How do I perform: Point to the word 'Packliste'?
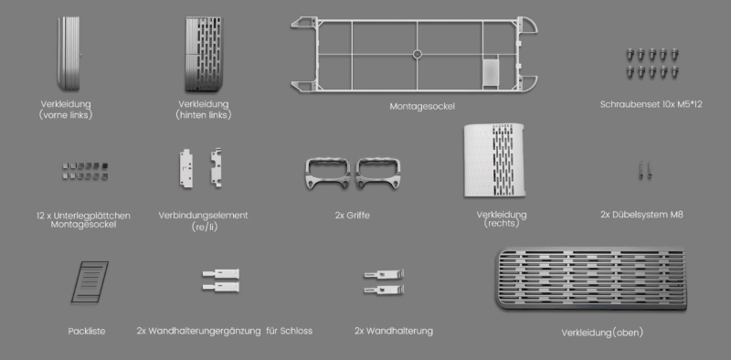(x=87, y=330)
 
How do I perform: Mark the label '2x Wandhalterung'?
(x=393, y=330)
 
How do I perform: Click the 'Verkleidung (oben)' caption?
(x=601, y=332)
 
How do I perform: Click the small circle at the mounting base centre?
(x=418, y=54)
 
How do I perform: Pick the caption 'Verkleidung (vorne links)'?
(x=67, y=111)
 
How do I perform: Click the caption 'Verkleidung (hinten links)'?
(x=203, y=111)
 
